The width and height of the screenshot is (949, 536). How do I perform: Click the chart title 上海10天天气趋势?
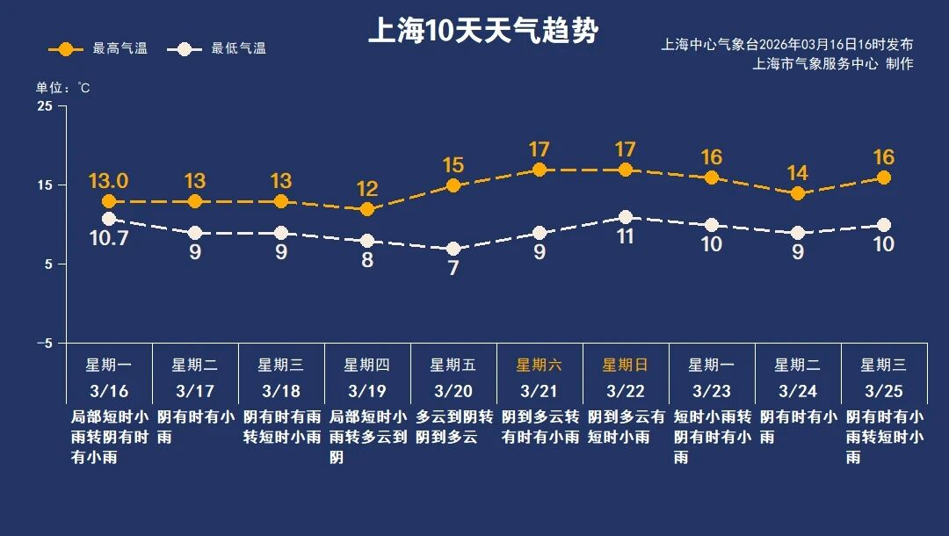pyautogui.click(x=483, y=33)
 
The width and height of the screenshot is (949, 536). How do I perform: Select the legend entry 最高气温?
pyautogui.click(x=98, y=48)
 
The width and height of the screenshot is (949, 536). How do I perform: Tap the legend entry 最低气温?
pyautogui.click(x=220, y=48)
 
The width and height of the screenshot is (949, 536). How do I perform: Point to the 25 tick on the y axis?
pyautogui.click(x=44, y=106)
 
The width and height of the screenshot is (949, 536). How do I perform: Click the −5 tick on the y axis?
pyautogui.click(x=42, y=344)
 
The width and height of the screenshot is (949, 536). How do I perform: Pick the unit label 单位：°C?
pyautogui.click(x=62, y=88)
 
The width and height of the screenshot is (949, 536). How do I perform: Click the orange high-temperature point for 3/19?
pyautogui.click(x=367, y=209)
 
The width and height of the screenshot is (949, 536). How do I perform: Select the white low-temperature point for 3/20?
pyautogui.click(x=453, y=249)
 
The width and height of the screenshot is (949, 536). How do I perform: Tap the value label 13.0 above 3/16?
pyautogui.click(x=109, y=181)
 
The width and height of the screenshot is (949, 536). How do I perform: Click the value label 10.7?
pyautogui.click(x=109, y=237)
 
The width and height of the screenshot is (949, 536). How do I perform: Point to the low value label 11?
pyautogui.click(x=626, y=236)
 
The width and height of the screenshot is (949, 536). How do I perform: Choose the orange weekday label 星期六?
pyautogui.click(x=540, y=365)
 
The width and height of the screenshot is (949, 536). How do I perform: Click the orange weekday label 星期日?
pyautogui.click(x=626, y=365)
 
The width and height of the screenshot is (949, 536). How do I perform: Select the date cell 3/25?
pyautogui.click(x=884, y=390)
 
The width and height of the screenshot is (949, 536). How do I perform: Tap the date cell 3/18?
pyautogui.click(x=281, y=390)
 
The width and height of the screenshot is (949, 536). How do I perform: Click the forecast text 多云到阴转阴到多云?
pyautogui.click(x=453, y=426)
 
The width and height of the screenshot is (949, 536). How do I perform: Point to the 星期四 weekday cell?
pyautogui.click(x=367, y=365)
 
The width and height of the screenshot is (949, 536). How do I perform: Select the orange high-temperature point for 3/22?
pyautogui.click(x=626, y=170)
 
